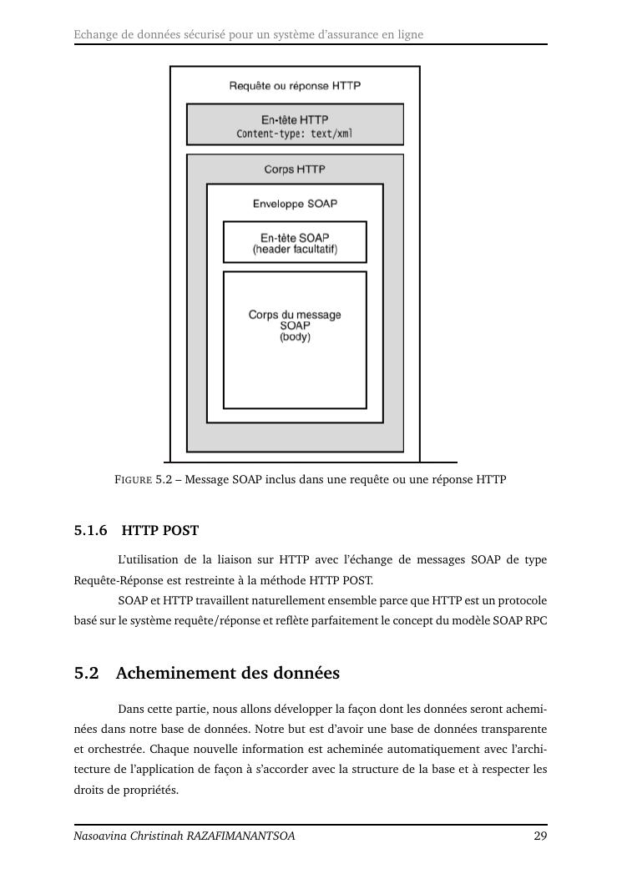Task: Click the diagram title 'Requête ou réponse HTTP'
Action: pos(295,86)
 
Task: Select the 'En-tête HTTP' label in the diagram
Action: pos(295,120)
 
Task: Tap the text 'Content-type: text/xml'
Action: pos(295,134)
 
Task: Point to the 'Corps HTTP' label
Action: pos(295,169)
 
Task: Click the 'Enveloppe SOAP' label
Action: pos(295,204)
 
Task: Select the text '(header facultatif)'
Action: pos(295,250)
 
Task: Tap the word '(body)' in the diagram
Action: pos(295,337)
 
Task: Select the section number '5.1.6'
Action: pos(91,531)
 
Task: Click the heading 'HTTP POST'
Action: pos(160,531)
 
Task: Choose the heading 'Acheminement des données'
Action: pos(228,674)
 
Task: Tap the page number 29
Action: pos(540,836)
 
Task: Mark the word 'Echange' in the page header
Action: pos(94,35)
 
